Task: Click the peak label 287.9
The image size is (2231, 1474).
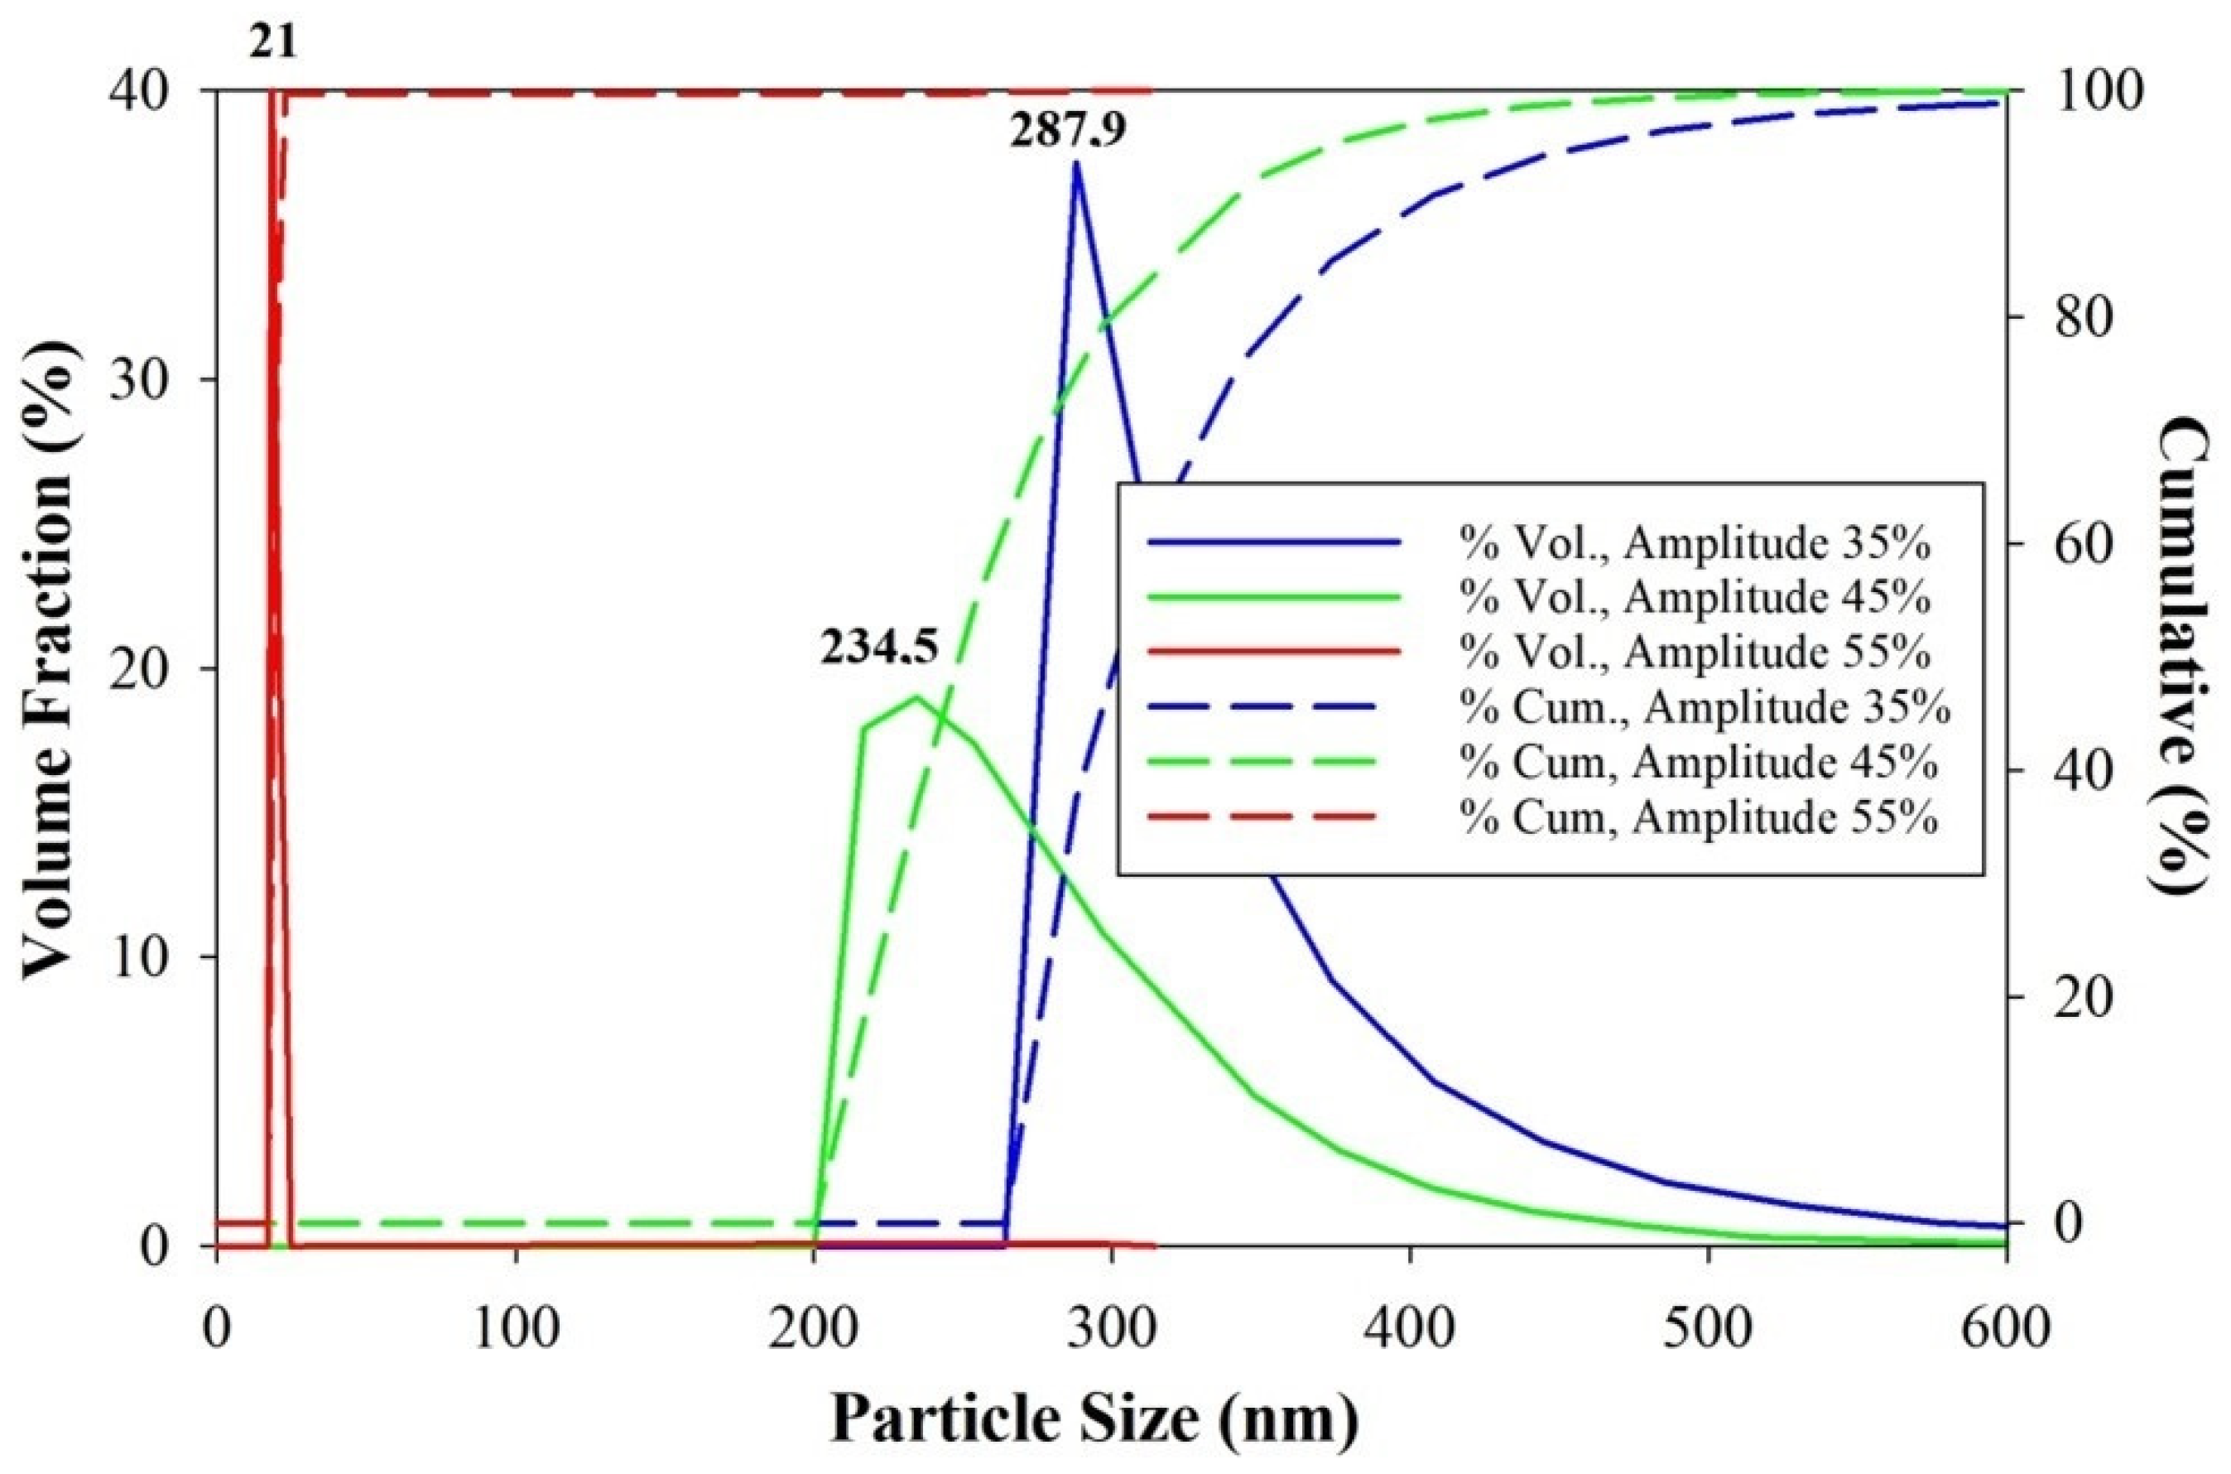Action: [1066, 133]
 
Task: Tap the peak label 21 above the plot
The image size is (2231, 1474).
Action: [272, 43]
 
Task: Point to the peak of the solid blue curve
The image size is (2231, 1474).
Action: [1076, 164]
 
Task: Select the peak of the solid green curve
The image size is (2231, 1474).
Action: [916, 697]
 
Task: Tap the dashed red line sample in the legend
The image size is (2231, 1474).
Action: [1273, 818]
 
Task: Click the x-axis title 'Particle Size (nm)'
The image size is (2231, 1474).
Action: [1095, 1420]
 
